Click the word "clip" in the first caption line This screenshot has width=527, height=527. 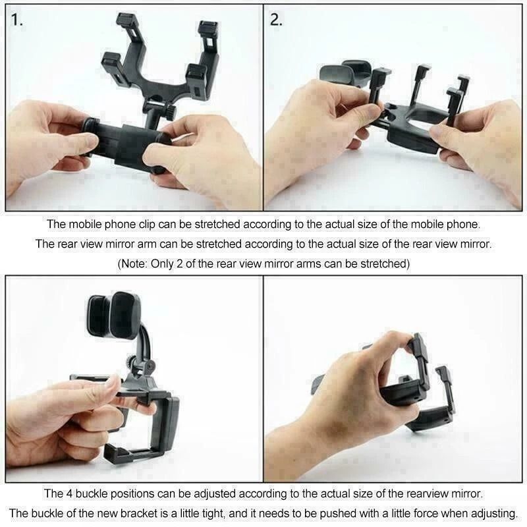pos(153,225)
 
